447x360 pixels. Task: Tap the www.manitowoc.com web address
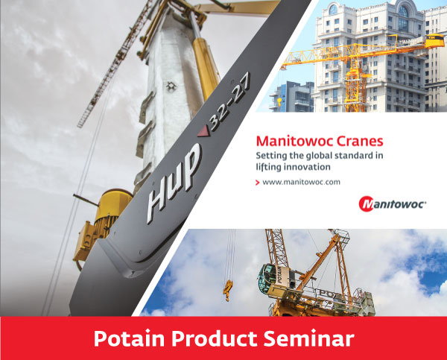[301, 182]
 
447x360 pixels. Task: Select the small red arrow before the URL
[258, 183]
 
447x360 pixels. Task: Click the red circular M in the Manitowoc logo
[366, 204]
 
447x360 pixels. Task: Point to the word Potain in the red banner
[129, 338]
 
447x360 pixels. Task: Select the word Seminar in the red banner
[308, 338]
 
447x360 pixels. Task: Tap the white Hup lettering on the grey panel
[174, 183]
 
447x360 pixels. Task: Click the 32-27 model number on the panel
[229, 102]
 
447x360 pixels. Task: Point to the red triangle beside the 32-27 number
[203, 132]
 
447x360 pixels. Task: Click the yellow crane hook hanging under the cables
[228, 291]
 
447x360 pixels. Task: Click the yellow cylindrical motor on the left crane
[114, 206]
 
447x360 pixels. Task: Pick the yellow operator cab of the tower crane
[435, 41]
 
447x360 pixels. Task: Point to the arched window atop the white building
[403, 12]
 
